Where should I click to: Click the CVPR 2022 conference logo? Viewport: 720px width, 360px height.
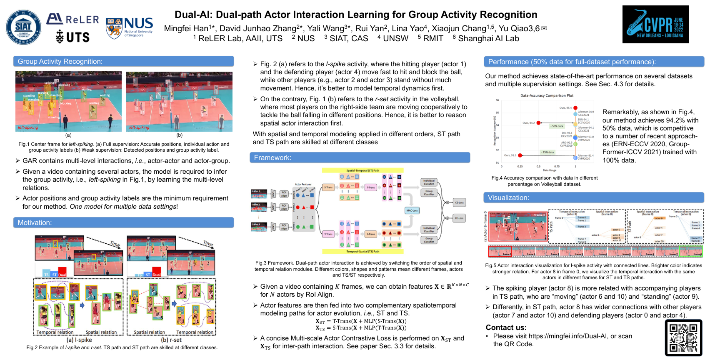(655, 24)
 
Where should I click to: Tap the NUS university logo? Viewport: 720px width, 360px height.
(130, 27)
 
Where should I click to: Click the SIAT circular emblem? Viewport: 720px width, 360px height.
(24, 27)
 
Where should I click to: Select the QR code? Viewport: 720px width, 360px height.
(683, 337)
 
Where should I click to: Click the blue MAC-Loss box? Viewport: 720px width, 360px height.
(412, 210)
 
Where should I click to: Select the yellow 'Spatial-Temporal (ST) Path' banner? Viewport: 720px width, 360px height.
(362, 170)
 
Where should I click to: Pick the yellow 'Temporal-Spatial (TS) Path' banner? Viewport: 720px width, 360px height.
(362, 251)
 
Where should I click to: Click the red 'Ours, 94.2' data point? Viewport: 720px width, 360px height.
(538, 123)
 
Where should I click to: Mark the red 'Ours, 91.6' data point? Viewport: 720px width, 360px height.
(520, 155)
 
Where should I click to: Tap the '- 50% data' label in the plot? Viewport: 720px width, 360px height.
(557, 126)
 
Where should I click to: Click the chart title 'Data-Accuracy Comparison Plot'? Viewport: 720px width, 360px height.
(547, 95)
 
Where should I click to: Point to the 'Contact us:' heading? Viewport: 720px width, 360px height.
(506, 327)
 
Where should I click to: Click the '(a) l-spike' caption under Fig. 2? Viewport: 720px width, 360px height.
(79, 340)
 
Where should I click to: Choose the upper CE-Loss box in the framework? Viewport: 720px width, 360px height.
(459, 202)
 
